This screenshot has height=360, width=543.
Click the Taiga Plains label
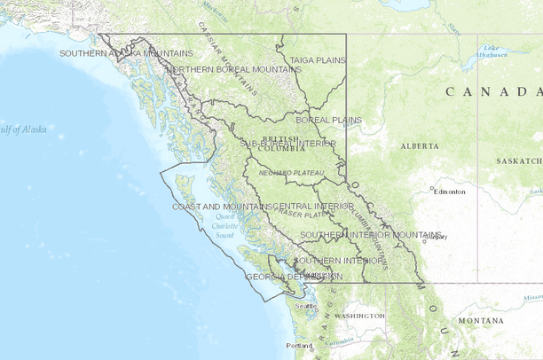click(x=317, y=60)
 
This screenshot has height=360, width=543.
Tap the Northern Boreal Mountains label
click(x=234, y=69)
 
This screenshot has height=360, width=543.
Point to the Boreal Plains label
click(x=328, y=119)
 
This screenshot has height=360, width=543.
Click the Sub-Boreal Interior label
click(x=287, y=143)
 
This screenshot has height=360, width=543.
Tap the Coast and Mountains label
click(x=222, y=206)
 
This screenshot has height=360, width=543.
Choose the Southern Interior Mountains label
click(x=370, y=234)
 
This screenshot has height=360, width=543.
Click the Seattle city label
click(x=306, y=306)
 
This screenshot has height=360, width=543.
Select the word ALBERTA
click(x=420, y=145)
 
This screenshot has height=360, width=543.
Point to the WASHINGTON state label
click(x=360, y=316)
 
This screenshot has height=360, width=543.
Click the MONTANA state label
click(x=482, y=320)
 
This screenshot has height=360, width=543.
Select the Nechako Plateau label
click(x=291, y=172)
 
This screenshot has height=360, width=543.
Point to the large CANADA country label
click(x=493, y=91)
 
